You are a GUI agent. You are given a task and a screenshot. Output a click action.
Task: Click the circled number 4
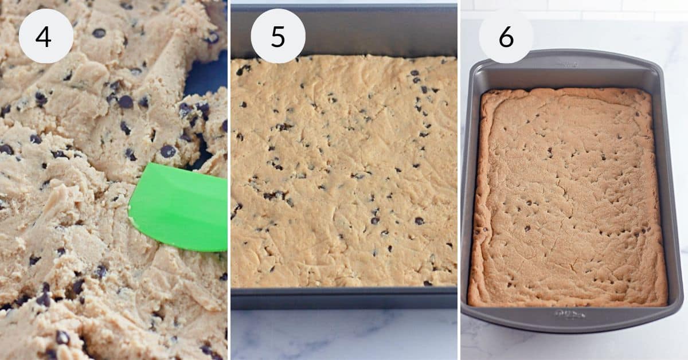(46, 36)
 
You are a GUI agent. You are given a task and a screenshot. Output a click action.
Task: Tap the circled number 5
(278, 36)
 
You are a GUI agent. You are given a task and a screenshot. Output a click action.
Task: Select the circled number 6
(506, 36)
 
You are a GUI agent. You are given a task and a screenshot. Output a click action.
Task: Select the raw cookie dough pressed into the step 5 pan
(344, 172)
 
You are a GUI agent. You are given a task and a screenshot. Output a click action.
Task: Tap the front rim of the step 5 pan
(344, 299)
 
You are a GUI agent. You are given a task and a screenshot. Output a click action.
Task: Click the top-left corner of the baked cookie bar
(483, 92)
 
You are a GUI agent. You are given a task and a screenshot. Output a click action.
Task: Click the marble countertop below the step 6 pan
(573, 347)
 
